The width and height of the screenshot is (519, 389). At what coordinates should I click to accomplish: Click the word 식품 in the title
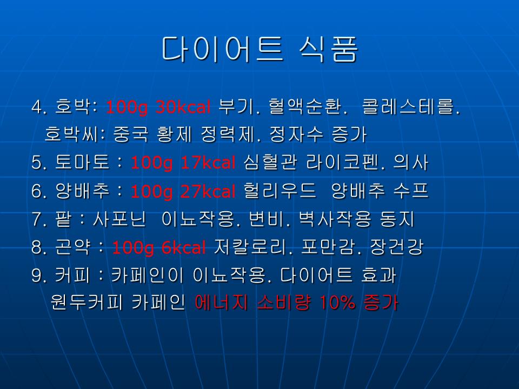pos(328,49)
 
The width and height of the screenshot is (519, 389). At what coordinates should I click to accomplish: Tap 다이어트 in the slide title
pos(222,49)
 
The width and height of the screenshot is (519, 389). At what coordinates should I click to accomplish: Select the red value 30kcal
pos(183,107)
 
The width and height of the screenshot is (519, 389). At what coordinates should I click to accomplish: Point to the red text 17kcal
pos(208,163)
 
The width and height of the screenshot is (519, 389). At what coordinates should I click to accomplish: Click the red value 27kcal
pos(208,191)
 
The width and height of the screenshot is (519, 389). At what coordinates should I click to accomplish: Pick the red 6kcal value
pos(184,247)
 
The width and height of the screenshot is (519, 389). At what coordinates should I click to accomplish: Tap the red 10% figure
pos(337,303)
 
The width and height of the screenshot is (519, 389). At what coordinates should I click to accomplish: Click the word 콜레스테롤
pos(411,106)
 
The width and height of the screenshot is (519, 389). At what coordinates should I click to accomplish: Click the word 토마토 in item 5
pos(82,163)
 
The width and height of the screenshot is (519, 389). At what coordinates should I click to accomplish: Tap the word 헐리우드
pos(280,191)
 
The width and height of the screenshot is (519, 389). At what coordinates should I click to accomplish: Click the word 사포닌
pos(119,219)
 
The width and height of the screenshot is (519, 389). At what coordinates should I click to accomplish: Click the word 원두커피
pos(86,303)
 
